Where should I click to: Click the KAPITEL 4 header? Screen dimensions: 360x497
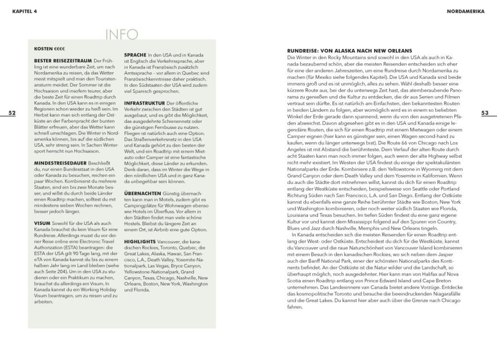pyautogui.click(x=21, y=11)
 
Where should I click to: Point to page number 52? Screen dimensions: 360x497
pyautogui.click(x=12, y=113)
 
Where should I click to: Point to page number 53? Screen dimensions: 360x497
pyautogui.click(x=484, y=113)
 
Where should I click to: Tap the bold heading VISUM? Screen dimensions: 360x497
pyautogui.click(x=43, y=222)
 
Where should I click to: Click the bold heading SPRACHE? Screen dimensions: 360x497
pyautogui.click(x=135, y=54)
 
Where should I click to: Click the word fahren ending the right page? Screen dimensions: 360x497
pyautogui.click(x=295, y=306)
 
